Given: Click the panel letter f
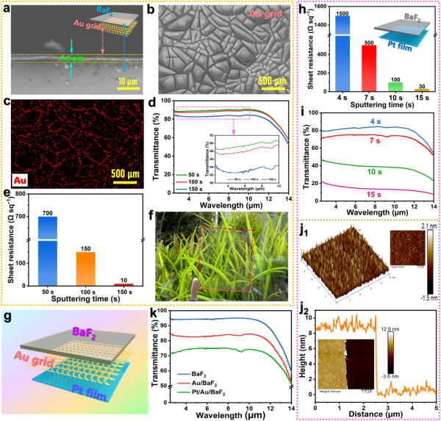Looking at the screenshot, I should [x=149, y=217].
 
